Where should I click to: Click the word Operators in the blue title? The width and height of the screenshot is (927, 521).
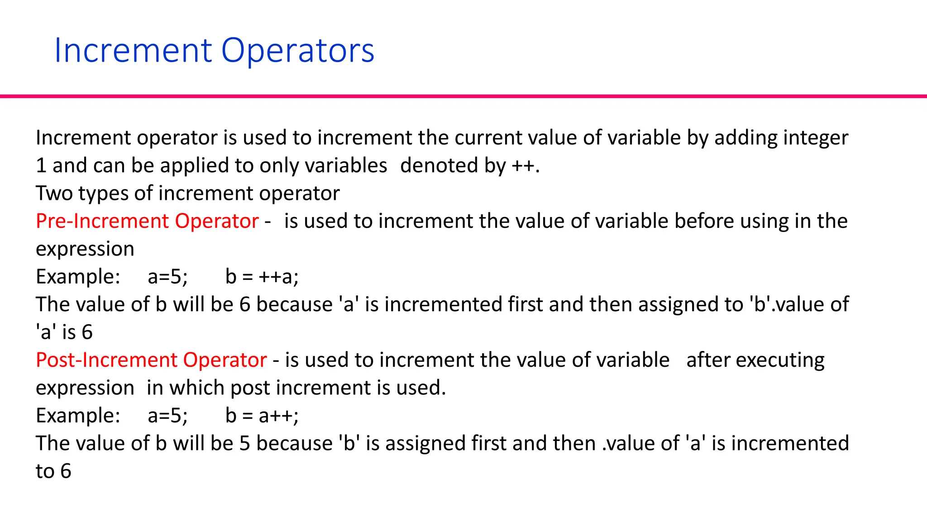298,51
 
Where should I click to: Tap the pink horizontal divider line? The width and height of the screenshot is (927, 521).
463,96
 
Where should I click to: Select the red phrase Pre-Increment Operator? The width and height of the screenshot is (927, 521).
147,221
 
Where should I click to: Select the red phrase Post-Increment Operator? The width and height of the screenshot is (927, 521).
151,360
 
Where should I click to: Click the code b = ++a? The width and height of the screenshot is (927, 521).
262,277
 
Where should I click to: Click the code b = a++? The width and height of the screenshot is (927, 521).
262,416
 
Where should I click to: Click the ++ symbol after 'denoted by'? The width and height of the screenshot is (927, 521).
523,166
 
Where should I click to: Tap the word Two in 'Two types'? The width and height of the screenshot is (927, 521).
54,194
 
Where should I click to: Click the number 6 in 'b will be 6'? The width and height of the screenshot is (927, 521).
245,304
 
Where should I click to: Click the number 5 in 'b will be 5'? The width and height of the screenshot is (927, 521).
245,443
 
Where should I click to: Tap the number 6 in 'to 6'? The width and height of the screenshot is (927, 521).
66,471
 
